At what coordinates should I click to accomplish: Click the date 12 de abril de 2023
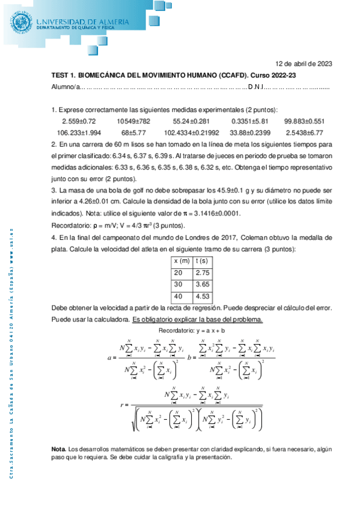(x=304, y=63)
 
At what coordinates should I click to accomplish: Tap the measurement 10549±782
(x=137, y=121)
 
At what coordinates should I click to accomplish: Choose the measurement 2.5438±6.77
(x=304, y=132)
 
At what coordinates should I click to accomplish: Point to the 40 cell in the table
(x=177, y=296)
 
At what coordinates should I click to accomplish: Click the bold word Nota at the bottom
(x=59, y=449)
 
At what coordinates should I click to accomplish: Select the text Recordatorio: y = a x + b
(x=191, y=331)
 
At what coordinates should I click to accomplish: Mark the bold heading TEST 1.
(x=63, y=76)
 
